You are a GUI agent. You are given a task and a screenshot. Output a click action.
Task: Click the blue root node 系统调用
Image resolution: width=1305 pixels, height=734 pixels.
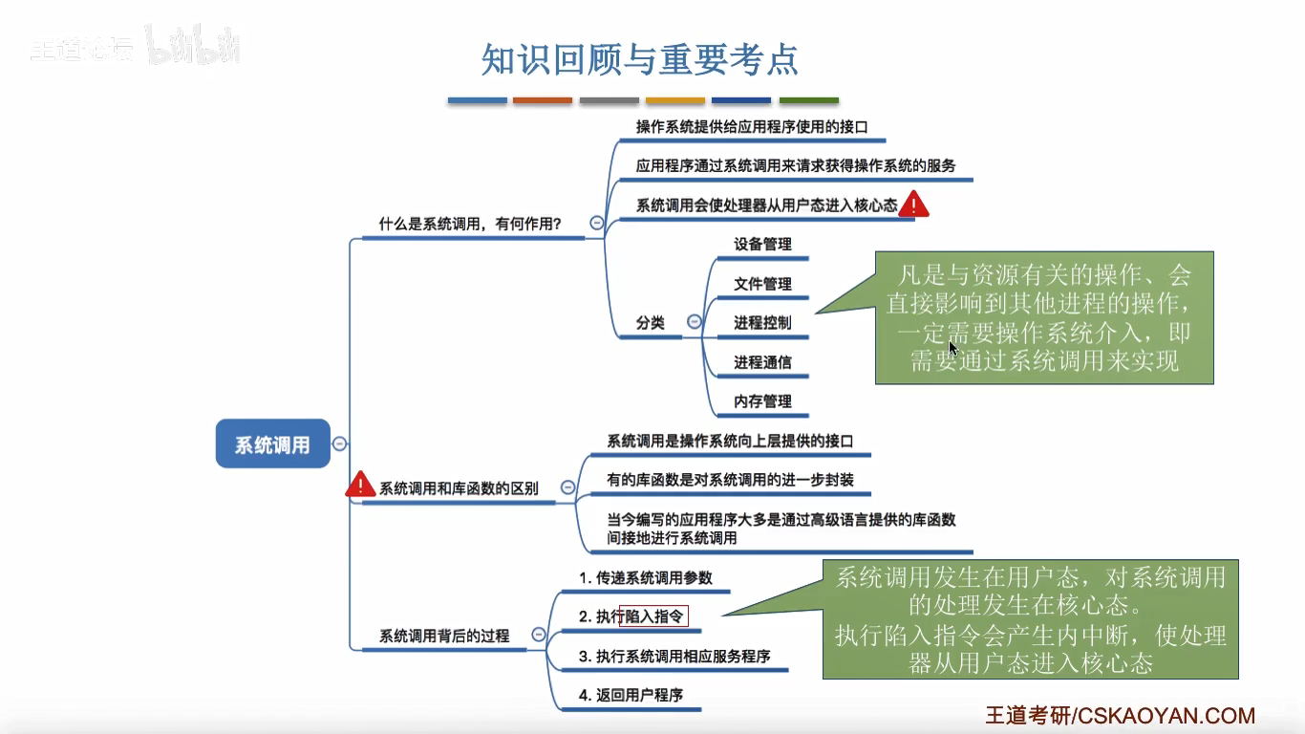[x=272, y=444]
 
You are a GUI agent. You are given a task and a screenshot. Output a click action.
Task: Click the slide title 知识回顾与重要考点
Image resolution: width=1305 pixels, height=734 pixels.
[x=639, y=59]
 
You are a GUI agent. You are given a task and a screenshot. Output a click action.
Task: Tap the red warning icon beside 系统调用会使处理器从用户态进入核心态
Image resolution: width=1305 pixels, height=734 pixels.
[x=913, y=204]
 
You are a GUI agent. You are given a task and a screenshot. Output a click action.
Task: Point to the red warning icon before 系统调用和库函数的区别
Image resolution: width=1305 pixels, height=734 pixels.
[x=359, y=485]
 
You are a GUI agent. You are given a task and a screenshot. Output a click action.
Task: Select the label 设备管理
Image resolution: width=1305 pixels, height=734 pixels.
[x=762, y=245]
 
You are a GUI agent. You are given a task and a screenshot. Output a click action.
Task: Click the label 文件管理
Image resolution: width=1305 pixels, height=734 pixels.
[x=762, y=284]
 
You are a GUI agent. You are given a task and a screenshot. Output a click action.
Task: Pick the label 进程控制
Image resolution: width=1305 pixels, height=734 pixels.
[x=762, y=323]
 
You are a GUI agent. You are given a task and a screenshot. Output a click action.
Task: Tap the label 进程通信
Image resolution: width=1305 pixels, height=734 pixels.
[x=762, y=362]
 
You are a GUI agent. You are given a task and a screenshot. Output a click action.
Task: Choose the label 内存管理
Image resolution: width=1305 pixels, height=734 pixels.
[x=762, y=401]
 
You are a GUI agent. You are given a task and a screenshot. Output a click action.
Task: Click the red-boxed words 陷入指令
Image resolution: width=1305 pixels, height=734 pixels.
[x=654, y=617]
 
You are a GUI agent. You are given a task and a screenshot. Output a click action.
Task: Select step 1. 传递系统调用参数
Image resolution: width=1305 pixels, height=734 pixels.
[x=646, y=578]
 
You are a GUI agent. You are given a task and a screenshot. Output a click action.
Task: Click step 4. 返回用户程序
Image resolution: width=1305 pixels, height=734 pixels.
[x=631, y=695]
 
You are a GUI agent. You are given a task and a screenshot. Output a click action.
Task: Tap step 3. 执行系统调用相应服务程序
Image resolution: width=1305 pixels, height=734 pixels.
[x=674, y=657]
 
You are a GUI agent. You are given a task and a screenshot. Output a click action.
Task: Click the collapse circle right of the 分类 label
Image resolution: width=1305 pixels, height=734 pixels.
[x=695, y=322]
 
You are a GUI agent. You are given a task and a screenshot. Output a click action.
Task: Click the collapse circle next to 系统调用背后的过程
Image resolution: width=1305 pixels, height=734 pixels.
[x=539, y=635]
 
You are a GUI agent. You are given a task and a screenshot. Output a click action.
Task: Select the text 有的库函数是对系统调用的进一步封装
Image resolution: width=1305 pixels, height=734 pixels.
[x=730, y=480]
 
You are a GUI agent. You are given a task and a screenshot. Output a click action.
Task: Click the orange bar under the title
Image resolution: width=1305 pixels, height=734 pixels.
[x=543, y=100]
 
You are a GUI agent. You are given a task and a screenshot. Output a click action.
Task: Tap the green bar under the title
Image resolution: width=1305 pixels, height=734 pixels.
[x=808, y=100]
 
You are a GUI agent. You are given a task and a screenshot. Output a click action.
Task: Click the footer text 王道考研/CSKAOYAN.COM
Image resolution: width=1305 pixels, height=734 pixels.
[x=1120, y=716]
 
